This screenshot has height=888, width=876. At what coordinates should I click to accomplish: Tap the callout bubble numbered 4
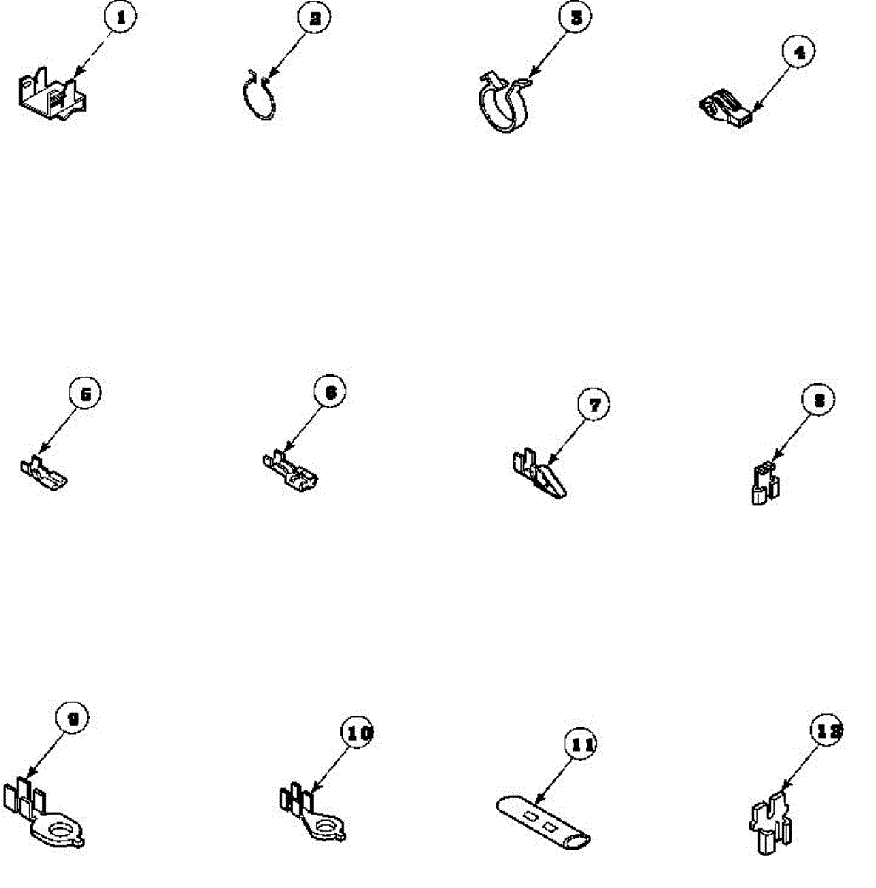point(798,53)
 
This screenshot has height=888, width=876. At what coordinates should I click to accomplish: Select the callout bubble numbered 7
point(594,404)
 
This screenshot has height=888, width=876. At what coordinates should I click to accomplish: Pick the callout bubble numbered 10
point(358,733)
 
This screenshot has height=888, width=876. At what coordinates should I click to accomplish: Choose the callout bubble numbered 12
point(826,731)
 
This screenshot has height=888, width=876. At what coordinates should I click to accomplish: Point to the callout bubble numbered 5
point(85,394)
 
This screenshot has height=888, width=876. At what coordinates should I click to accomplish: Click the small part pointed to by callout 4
point(727,107)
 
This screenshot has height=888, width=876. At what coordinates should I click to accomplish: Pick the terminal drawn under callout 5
point(42,474)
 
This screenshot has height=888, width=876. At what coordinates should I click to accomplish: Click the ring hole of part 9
point(57,828)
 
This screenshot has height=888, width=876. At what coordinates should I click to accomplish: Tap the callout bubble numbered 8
point(818,400)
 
